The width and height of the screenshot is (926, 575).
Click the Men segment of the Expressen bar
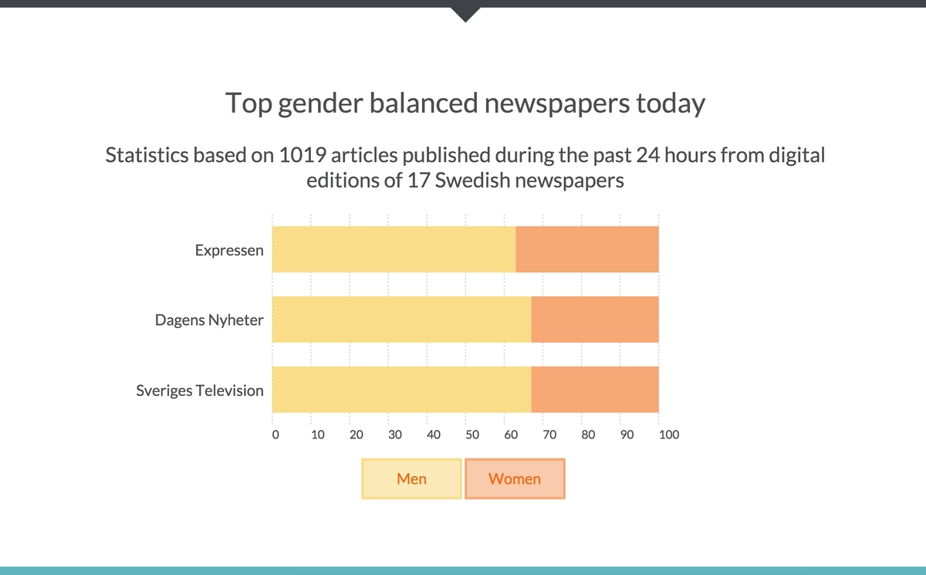pyautogui.click(x=394, y=249)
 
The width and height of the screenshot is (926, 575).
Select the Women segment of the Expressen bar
pyautogui.click(x=587, y=249)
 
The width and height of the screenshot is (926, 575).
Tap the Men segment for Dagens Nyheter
pyautogui.click(x=401, y=320)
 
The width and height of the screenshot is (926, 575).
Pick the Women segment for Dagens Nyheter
pyautogui.click(x=595, y=320)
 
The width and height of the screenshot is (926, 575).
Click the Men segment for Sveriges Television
pyautogui.click(x=401, y=390)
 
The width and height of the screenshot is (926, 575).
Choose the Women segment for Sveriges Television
pyautogui.click(x=595, y=390)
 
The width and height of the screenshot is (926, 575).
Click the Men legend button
pyautogui.click(x=411, y=479)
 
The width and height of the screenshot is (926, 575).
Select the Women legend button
pyautogui.click(x=515, y=479)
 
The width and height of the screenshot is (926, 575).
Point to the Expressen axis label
pyautogui.click(x=229, y=250)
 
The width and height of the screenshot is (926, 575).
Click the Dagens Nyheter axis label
pyautogui.click(x=209, y=320)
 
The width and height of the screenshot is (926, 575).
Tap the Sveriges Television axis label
pyautogui.click(x=200, y=391)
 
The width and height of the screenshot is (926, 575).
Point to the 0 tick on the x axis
pyautogui.click(x=275, y=435)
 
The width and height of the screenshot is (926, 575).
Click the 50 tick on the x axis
pyautogui.click(x=472, y=435)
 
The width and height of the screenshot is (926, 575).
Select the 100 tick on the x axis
pyautogui.click(x=668, y=435)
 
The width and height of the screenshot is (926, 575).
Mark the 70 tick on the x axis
pyautogui.click(x=549, y=435)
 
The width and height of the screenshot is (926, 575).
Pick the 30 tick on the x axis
pyautogui.click(x=394, y=435)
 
